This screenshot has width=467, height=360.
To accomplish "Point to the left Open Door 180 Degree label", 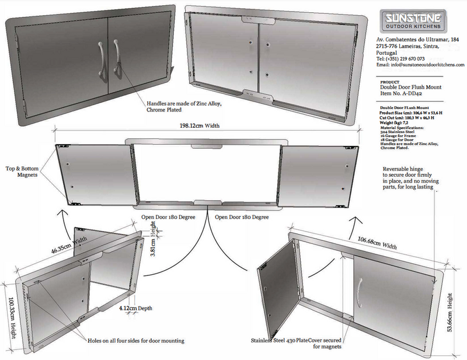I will point(168,217).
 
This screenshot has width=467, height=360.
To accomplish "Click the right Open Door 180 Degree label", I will point(242,217).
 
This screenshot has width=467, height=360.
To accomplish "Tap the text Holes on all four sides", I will point(137,340).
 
